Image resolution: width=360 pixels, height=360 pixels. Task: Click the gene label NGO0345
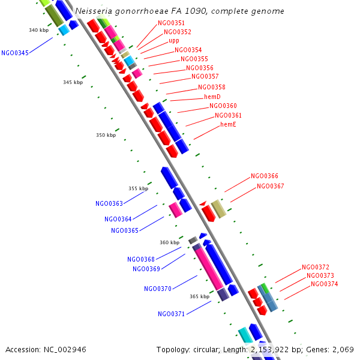coord(15,53)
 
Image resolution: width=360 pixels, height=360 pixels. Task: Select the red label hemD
coord(212,97)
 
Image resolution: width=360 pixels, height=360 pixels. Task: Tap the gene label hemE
coord(228,124)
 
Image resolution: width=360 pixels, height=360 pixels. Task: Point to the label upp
coord(174,41)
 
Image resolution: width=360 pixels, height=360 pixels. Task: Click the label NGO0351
coord(171,23)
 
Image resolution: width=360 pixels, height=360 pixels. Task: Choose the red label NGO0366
coord(265,176)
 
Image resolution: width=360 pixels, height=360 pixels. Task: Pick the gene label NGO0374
coord(325,284)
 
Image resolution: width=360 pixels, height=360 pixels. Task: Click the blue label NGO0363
coord(109,204)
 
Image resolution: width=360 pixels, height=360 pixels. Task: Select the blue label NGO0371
coord(172,314)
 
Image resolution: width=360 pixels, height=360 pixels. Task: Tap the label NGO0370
coord(158,289)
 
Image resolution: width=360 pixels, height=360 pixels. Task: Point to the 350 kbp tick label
coord(106,136)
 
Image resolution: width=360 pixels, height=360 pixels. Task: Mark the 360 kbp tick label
coord(169,243)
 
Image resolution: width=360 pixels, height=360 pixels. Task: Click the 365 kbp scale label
coord(199,296)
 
